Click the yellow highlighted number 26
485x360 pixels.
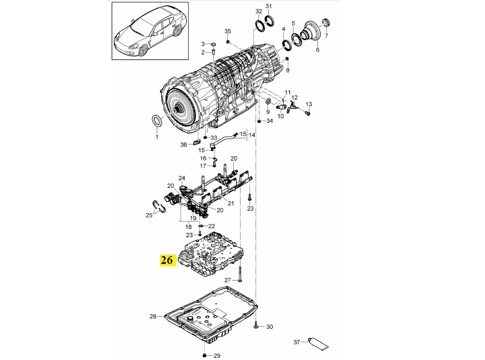167,260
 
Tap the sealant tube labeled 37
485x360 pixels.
318,344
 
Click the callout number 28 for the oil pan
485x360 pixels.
153,317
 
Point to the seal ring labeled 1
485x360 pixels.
157,121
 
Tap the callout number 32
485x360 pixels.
258,12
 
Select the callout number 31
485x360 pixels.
268,7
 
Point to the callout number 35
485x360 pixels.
228,31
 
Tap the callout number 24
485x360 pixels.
182,178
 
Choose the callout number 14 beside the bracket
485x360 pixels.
252,135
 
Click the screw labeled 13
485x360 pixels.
307,113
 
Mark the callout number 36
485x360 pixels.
184,144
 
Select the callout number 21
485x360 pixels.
231,203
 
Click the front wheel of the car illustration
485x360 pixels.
142,51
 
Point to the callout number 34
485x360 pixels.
269,121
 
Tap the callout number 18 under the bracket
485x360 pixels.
188,227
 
